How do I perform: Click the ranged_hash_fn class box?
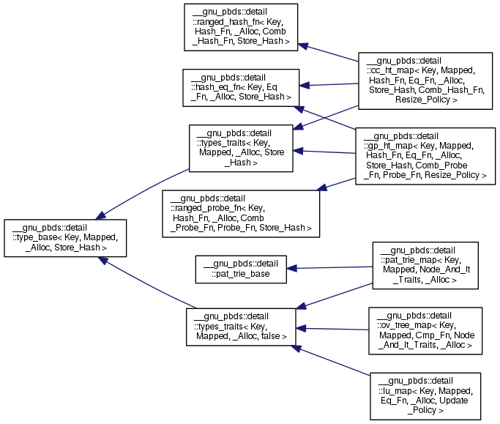click(242, 27)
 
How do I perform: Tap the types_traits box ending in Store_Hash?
click(241, 148)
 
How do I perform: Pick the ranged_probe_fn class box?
click(241, 213)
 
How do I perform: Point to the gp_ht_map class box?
click(425, 156)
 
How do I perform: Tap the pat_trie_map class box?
click(425, 264)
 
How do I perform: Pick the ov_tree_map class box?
click(425, 330)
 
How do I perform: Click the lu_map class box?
click(425, 395)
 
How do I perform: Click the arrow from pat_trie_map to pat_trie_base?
click(329, 267)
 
